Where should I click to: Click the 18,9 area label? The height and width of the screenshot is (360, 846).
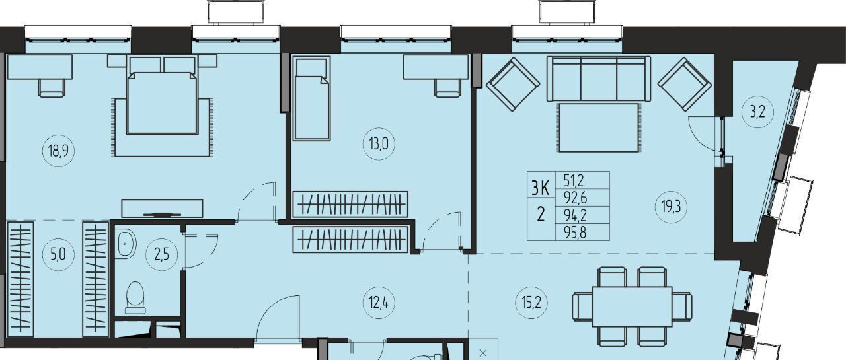coord(58,151)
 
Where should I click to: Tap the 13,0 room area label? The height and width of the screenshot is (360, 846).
coord(379,144)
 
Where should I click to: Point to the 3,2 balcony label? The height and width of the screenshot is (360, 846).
coord(757,112)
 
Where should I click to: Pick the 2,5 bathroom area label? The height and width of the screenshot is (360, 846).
coord(162,255)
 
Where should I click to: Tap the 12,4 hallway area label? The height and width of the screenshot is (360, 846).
coord(379,303)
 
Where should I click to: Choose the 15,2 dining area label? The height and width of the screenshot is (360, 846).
coord(531,303)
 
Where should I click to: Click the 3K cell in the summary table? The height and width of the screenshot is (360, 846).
coord(541,188)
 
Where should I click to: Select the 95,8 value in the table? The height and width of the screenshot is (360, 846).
coord(575,233)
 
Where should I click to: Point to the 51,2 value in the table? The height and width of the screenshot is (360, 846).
coord(574,180)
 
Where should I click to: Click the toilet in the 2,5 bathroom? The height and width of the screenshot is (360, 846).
coord(135,298)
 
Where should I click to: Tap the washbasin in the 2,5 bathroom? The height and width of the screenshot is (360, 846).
coord(128,244)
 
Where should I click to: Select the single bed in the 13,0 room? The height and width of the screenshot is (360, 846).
coord(311,98)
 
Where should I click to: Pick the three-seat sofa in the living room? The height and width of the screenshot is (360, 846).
coord(599,79)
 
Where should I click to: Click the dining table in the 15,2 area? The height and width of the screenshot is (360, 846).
coord(632,307)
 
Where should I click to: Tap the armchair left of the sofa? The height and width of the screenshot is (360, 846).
coord(513,84)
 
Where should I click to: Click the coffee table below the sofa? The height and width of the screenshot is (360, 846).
coord(599,127)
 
